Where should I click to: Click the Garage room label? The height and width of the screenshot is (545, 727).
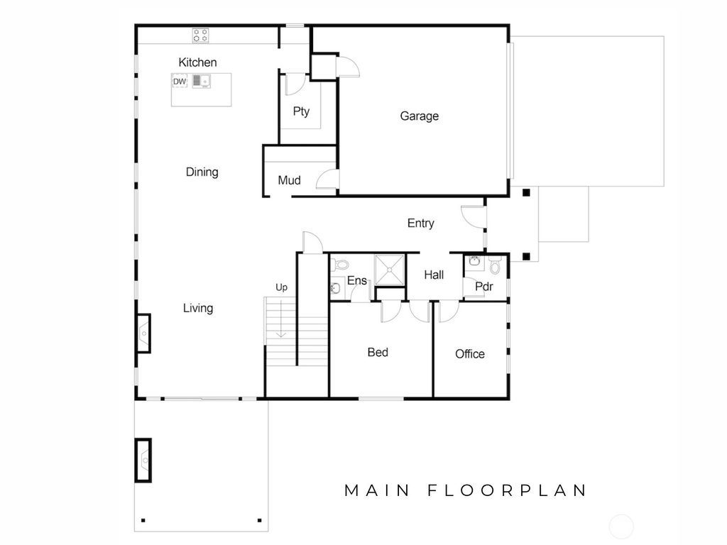point(419,116)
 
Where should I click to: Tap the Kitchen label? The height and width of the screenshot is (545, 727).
point(197,62)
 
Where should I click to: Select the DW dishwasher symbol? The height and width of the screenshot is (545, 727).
point(180,82)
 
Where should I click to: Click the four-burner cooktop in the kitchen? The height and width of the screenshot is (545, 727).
point(201,34)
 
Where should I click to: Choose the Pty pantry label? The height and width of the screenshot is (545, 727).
point(301,111)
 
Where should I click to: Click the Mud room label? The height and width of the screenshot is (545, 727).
point(289,180)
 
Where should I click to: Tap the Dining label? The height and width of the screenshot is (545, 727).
point(202,172)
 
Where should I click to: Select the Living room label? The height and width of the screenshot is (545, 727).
point(198,308)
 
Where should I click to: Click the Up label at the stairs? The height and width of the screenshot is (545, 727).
point(281,287)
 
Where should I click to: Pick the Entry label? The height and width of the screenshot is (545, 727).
point(420,223)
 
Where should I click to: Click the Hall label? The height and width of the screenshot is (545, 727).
point(434,275)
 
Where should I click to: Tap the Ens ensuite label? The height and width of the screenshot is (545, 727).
point(356,281)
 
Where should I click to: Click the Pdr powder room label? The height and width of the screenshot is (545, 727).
point(483,287)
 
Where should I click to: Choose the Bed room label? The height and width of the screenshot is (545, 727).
point(378,352)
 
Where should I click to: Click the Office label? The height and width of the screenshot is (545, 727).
point(470,353)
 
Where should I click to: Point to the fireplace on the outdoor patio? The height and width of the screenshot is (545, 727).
point(143,459)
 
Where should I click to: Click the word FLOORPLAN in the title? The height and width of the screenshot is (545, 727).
point(508,490)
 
